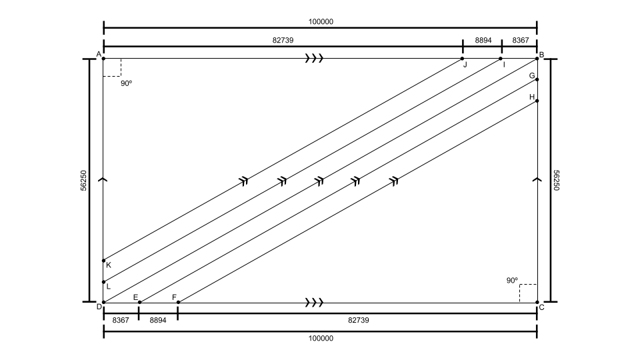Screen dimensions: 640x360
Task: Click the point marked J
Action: (x=463, y=59)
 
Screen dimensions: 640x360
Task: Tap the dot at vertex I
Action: (x=501, y=59)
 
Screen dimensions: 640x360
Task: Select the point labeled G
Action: (x=537, y=79)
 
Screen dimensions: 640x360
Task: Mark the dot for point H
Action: (x=537, y=101)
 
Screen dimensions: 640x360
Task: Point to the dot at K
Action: (x=104, y=261)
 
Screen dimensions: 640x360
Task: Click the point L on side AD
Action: (x=104, y=282)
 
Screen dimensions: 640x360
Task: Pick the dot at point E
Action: (x=139, y=303)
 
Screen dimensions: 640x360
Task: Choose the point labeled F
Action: (x=179, y=303)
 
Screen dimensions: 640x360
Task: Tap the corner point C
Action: (x=537, y=303)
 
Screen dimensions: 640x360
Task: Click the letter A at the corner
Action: (x=99, y=54)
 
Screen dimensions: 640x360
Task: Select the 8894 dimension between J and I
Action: (x=483, y=40)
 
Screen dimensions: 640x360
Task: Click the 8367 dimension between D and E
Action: (x=121, y=320)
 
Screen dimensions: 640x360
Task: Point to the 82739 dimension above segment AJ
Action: (x=283, y=40)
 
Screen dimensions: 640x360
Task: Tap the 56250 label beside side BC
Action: (x=556, y=181)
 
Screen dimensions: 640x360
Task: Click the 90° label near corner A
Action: (x=127, y=83)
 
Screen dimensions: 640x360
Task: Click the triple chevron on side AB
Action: (x=314, y=59)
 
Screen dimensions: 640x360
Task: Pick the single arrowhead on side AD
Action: (x=104, y=179)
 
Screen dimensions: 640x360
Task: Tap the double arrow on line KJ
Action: (x=244, y=181)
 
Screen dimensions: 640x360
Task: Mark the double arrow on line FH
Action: (x=394, y=181)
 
